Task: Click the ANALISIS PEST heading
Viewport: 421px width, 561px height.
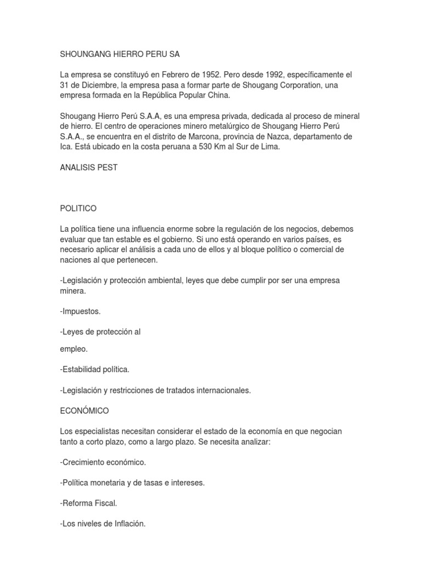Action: [x=89, y=168]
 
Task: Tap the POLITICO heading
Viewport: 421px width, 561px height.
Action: [x=78, y=208]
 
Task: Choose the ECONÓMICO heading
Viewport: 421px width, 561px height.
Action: [x=84, y=410]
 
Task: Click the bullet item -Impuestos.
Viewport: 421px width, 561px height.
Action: [x=80, y=311]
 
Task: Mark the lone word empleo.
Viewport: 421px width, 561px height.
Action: [x=74, y=348]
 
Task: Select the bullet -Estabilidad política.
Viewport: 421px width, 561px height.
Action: [x=94, y=369]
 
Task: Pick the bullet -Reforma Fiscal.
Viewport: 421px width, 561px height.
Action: [x=88, y=503]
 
